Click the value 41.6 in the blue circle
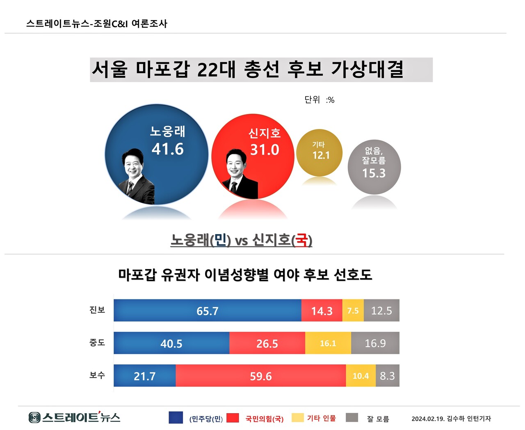pyautogui.click(x=167, y=149)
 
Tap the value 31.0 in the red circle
pyautogui.click(x=265, y=150)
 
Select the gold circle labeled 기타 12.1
pyautogui.click(x=319, y=153)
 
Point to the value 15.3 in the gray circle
pyautogui.click(x=374, y=173)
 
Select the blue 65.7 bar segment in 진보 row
pyautogui.click(x=207, y=311)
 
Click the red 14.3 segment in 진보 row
pyautogui.click(x=322, y=311)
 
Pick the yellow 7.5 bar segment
pyautogui.click(x=353, y=311)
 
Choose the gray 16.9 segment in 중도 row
pyautogui.click(x=375, y=343)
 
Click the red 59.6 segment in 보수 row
pyautogui.click(x=260, y=376)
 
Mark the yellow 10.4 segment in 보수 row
pyautogui.click(x=361, y=376)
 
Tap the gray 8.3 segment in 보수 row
pyautogui.click(x=387, y=376)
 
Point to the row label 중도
pyautogui.click(x=97, y=343)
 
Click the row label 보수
pyautogui.click(x=97, y=375)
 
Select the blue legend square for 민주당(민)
pyautogui.click(x=176, y=417)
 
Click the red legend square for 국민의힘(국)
pyautogui.click(x=233, y=418)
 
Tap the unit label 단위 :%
pyautogui.click(x=319, y=100)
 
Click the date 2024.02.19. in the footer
pyautogui.click(x=428, y=419)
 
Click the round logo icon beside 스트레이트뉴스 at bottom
pyautogui.click(x=34, y=418)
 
